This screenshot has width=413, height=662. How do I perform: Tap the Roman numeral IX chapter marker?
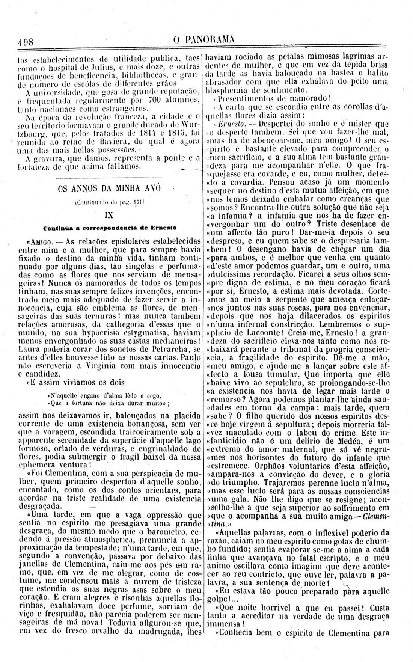click(109, 216)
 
